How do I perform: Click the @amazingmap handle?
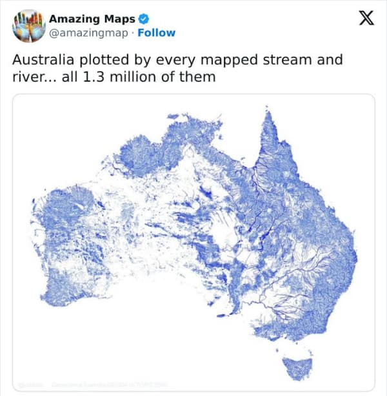click(88, 32)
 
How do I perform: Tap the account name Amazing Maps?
click(92, 19)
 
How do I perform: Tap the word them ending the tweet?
click(200, 77)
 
